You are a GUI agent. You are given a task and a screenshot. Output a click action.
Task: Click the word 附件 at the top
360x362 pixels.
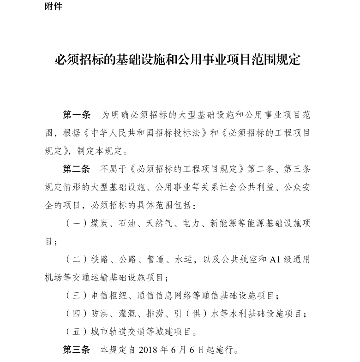54,6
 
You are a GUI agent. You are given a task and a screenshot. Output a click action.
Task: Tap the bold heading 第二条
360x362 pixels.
77,169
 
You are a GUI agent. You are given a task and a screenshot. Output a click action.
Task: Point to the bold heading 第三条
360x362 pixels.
77,350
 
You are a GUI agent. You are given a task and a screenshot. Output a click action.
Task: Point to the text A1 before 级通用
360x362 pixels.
275,260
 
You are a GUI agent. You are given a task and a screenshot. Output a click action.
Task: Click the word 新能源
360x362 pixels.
223,223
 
